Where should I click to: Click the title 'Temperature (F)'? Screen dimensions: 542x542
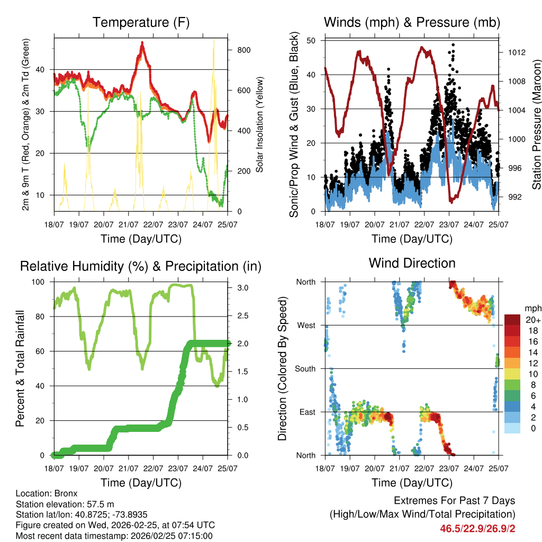[141, 22]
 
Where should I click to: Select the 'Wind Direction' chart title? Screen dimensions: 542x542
[412, 263]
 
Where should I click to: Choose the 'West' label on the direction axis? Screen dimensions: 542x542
[306, 325]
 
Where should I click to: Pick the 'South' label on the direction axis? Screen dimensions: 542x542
[305, 368]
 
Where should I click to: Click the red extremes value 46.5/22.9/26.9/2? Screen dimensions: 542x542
[477, 528]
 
